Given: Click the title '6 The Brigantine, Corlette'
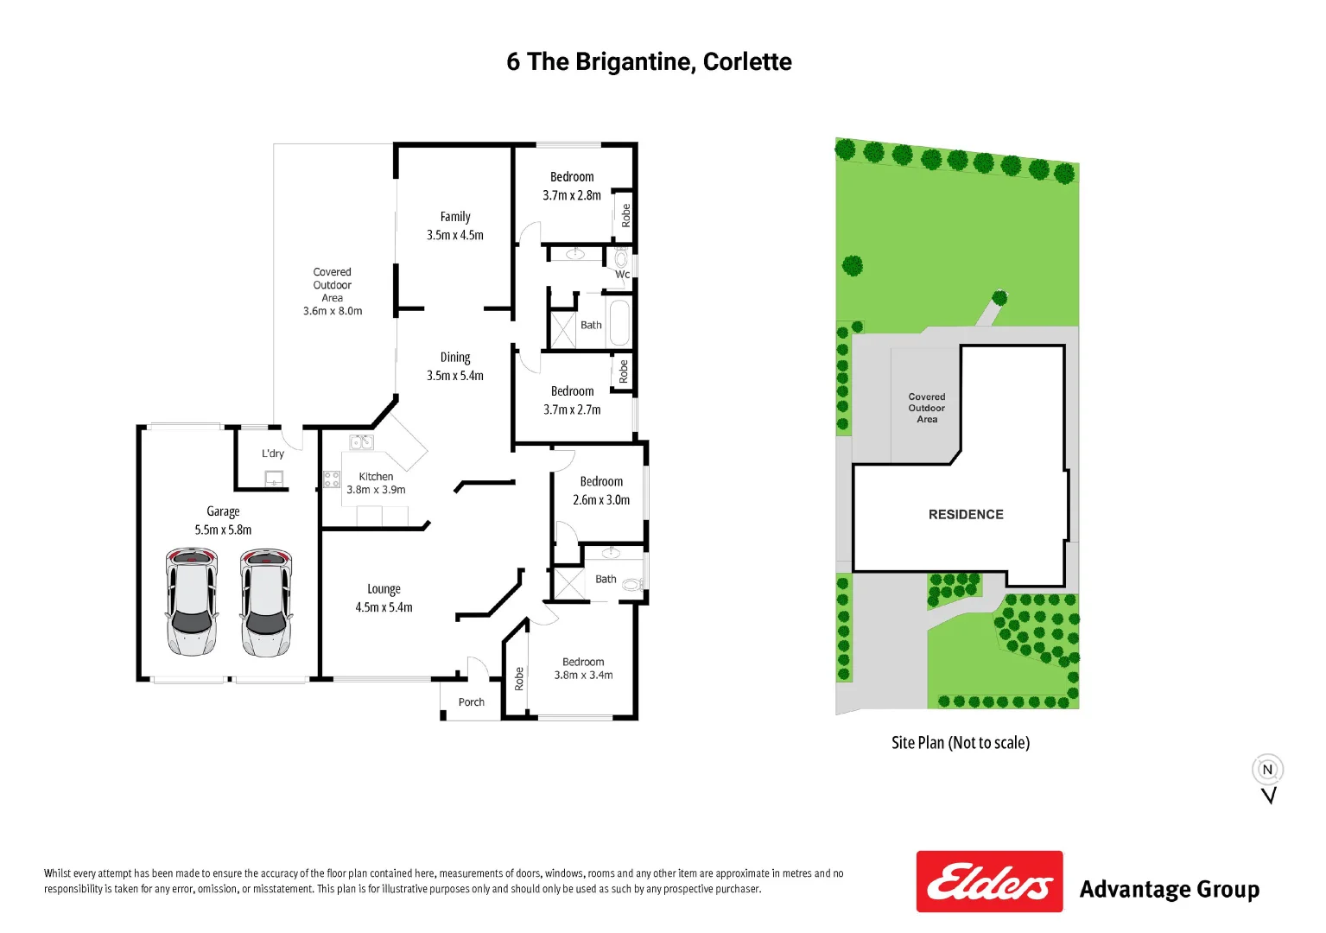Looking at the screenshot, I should (x=649, y=62).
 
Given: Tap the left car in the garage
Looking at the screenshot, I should (x=191, y=601).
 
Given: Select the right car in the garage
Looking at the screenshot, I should (x=266, y=601).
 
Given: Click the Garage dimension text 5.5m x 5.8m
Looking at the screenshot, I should (x=223, y=530).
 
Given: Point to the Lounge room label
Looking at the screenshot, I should (x=384, y=589).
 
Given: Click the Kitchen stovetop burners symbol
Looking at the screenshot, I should (x=332, y=479).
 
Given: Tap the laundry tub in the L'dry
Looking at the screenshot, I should (x=274, y=478).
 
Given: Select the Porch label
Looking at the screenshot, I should (x=471, y=702).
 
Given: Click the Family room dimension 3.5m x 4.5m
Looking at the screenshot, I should (x=455, y=235).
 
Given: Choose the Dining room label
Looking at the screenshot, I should (x=455, y=357).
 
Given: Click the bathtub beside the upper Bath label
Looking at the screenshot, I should (x=619, y=322).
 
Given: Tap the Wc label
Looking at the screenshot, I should (x=622, y=275).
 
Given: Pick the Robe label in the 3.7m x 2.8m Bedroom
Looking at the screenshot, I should (x=625, y=215).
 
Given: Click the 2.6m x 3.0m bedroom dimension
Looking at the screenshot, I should (x=601, y=500).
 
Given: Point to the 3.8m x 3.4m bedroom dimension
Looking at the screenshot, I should (x=583, y=676).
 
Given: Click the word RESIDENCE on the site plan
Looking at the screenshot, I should (x=966, y=515).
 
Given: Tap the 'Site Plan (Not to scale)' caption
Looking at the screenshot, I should (x=961, y=743).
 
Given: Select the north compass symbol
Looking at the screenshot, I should (x=1267, y=771).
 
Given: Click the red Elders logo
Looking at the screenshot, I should (x=989, y=881).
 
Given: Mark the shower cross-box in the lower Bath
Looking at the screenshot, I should (x=569, y=583).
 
